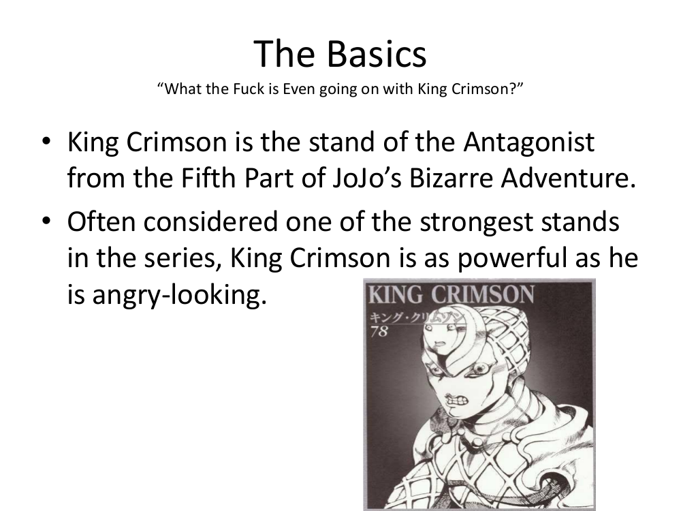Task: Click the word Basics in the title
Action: [x=376, y=54]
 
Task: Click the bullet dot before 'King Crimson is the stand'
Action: [x=46, y=141]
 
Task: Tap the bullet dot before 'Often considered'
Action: [x=46, y=221]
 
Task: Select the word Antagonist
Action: [x=528, y=142]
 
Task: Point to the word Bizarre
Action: [x=450, y=178]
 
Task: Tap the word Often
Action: [x=101, y=221]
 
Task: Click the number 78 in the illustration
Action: [x=379, y=331]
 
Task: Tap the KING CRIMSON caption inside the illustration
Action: [x=452, y=294]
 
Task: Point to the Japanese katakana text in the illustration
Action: [x=417, y=318]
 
